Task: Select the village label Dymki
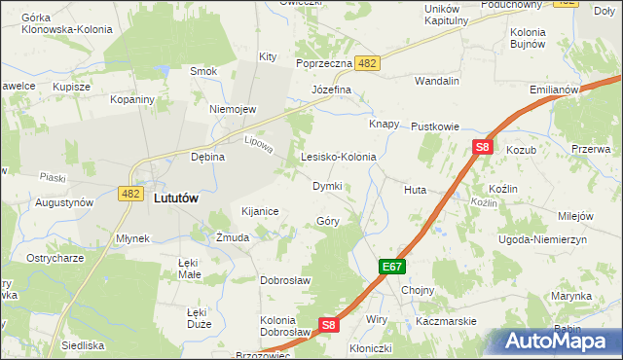[x=327, y=185]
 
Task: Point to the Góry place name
[x=328, y=221]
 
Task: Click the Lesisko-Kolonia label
[x=339, y=156]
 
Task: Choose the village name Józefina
[x=331, y=90]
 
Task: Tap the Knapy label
[x=385, y=125]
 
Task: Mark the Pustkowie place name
[x=434, y=126]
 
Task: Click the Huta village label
[x=415, y=191]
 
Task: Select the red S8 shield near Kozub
[x=483, y=148]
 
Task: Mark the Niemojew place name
[x=232, y=109]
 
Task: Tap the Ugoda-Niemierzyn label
[x=540, y=238]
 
